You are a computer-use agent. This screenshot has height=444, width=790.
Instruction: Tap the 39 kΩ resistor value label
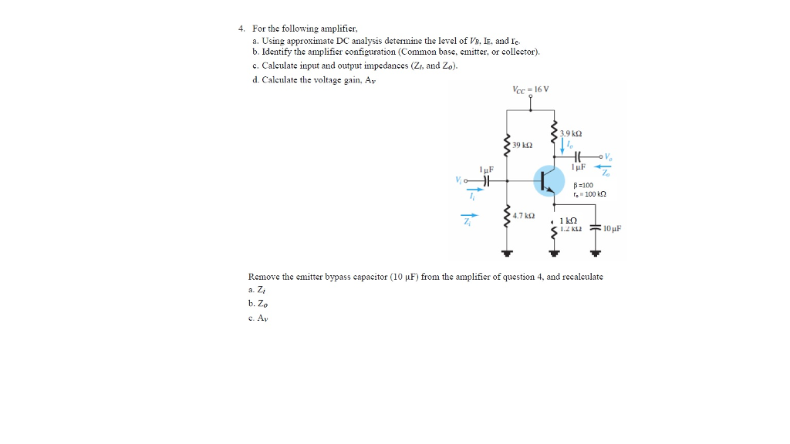[x=522, y=145]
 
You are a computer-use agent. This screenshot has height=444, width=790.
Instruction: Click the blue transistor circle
[x=549, y=181]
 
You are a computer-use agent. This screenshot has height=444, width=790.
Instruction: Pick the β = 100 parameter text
[x=584, y=184]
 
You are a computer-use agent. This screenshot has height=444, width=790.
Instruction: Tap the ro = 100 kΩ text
[x=590, y=193]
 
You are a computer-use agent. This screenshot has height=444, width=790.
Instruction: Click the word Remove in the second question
[x=264, y=276]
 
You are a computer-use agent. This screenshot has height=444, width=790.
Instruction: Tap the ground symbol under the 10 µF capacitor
[x=596, y=253]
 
